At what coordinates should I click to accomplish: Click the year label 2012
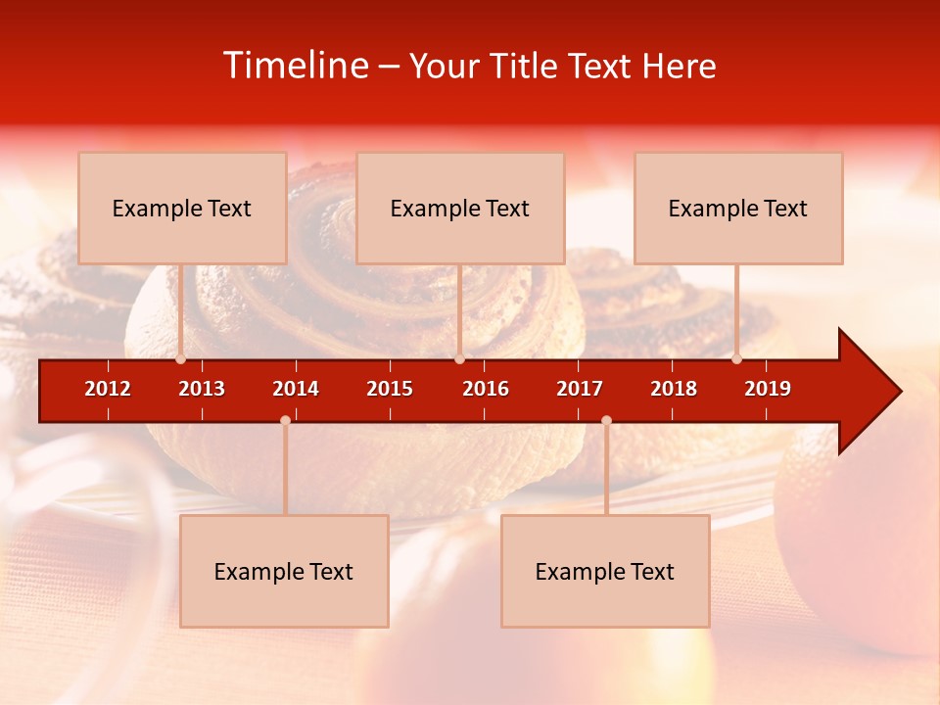[x=108, y=389]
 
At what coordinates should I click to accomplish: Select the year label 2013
[x=202, y=389]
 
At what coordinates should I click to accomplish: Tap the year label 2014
[x=296, y=389]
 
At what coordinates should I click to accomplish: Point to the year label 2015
[x=390, y=389]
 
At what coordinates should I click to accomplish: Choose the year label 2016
[x=486, y=389]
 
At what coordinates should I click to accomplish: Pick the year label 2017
[x=580, y=389]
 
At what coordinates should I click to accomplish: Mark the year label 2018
[x=674, y=389]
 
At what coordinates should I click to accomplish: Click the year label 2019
[x=768, y=389]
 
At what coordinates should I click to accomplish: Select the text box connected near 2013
[x=182, y=209]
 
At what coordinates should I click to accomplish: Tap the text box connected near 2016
[x=460, y=209]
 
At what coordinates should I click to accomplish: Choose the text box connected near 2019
[x=738, y=209]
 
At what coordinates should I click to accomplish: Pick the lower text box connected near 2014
[x=284, y=572]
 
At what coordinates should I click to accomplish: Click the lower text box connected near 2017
[x=605, y=572]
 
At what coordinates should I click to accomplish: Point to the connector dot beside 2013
[x=181, y=359]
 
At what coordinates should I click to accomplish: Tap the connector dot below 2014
[x=285, y=421]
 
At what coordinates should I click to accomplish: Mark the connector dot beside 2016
[x=459, y=359]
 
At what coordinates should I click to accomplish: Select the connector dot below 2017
[x=606, y=421]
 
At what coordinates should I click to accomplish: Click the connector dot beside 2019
[x=737, y=359]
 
